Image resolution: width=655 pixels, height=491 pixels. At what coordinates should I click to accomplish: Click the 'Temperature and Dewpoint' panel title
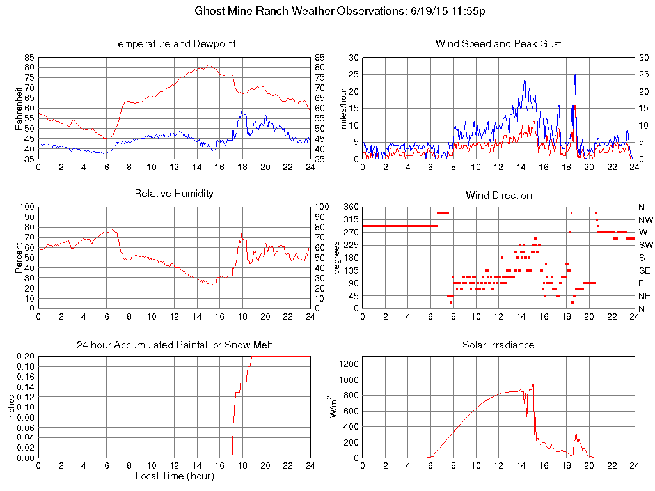click(x=175, y=44)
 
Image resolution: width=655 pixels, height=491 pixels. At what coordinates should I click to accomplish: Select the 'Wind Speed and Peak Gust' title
click(x=498, y=44)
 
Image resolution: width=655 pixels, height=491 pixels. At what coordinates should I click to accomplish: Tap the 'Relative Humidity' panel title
click(x=175, y=193)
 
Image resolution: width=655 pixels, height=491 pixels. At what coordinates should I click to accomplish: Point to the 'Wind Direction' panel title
click(x=498, y=195)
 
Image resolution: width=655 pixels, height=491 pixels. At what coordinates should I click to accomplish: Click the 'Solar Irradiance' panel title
click(x=498, y=345)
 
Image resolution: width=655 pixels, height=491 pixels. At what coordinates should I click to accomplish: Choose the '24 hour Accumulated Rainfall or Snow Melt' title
click(x=175, y=345)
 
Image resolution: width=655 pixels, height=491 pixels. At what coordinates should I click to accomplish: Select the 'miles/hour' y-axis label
click(x=343, y=107)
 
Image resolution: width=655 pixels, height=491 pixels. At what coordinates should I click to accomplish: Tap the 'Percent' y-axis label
click(x=19, y=257)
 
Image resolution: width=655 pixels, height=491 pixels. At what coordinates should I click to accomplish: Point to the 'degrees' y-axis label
click(x=337, y=257)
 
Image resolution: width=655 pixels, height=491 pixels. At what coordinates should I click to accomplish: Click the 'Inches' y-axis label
click(x=12, y=407)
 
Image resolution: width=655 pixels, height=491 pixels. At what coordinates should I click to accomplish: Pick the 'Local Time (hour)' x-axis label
click(x=175, y=476)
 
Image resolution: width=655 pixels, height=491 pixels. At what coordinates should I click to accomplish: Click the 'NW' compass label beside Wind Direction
click(x=645, y=219)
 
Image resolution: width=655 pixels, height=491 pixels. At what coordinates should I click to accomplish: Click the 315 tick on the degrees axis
click(x=350, y=219)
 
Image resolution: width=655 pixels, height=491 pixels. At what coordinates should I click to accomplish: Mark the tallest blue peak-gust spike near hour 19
click(x=575, y=75)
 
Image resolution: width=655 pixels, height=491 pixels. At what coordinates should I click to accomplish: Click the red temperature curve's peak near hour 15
click(x=209, y=65)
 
